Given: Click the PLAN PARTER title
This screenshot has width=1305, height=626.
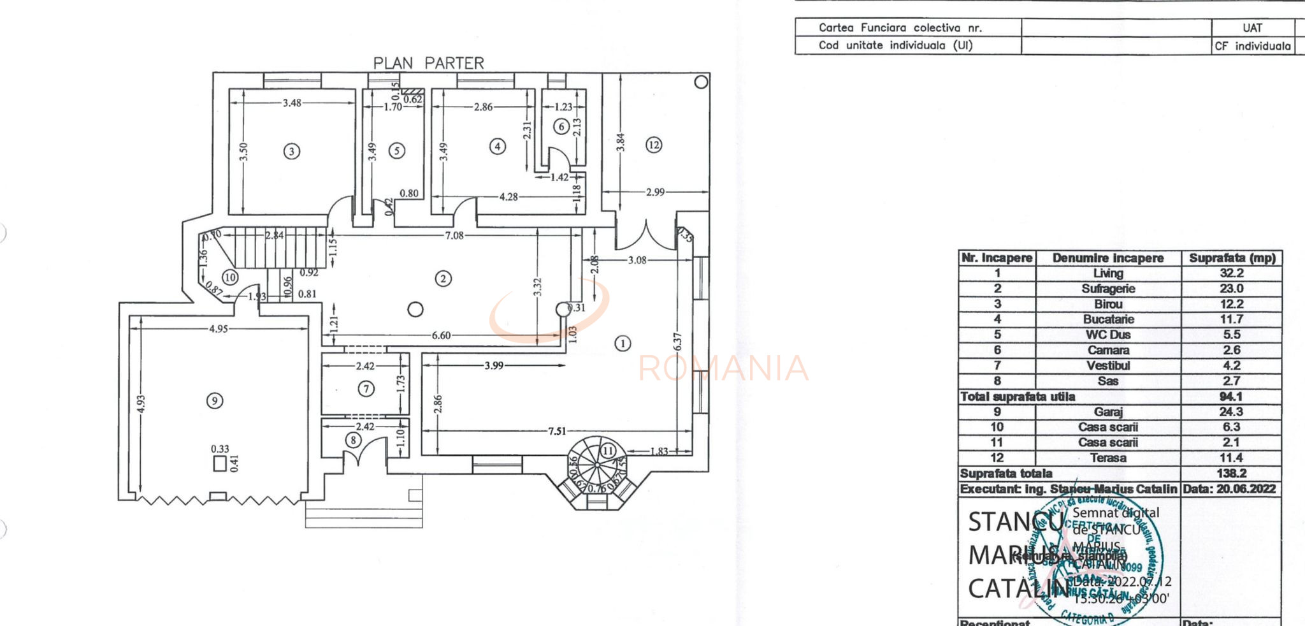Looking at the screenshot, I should tap(428, 63).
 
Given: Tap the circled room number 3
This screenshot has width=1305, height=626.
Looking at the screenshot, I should tap(292, 152).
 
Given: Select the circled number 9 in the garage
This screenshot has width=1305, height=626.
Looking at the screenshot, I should tap(215, 400).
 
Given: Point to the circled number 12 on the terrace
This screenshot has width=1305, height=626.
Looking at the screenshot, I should tap(654, 145).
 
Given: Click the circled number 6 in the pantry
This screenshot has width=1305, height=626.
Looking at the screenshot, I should tap(561, 126).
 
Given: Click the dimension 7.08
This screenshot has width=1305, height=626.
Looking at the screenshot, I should tap(454, 236).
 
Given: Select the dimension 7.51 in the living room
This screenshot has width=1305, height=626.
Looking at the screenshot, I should tap(557, 431).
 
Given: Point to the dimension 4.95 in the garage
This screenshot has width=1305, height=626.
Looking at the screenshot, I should tap(219, 329).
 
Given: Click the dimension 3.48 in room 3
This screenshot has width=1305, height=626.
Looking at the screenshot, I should tap(292, 103).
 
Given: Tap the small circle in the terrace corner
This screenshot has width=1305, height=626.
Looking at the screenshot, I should tap(701, 82).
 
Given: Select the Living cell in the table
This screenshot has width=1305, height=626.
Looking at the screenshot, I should tap(1108, 273).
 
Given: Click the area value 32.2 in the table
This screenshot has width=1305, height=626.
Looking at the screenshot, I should tap(1231, 273).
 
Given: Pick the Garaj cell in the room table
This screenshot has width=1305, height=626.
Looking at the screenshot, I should tap(1108, 412).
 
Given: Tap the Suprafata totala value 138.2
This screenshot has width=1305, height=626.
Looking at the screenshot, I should tap(1231, 474).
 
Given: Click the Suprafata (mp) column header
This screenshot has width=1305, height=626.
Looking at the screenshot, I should tap(1232, 258).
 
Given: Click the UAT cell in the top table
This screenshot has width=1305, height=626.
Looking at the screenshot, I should tap(1252, 27).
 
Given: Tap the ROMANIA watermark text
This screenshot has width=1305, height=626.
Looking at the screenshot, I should tap(723, 368).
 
